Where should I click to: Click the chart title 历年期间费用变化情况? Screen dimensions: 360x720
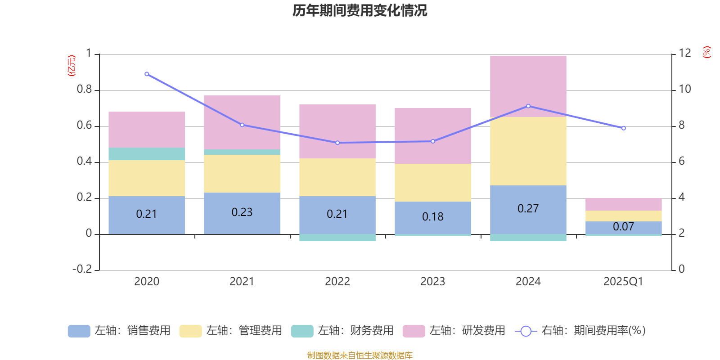tap(360, 10)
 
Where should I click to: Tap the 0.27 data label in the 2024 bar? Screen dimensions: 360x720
tap(528, 209)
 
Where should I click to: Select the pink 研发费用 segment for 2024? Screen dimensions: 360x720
tap(528, 86)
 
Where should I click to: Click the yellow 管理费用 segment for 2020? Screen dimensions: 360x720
tap(147, 178)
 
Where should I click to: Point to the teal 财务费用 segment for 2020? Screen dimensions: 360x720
tap(147, 154)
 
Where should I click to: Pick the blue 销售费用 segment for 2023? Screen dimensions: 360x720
tap(432, 217)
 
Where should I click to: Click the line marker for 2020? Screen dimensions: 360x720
tap(147, 74)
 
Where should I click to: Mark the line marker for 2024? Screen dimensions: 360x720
tap(528, 106)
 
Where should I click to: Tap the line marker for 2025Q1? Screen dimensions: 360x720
tap(623, 128)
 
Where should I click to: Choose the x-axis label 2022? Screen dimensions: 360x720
tap(337, 282)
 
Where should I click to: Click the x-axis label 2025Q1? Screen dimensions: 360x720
tap(623, 282)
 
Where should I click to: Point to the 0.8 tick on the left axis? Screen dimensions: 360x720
tap(84, 90)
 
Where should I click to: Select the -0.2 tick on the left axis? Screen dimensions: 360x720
tap(82, 269)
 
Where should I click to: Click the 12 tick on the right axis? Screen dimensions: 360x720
tap(684, 53)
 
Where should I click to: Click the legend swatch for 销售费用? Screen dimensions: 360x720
tap(79, 331)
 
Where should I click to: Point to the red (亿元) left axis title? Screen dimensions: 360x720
tap(72, 66)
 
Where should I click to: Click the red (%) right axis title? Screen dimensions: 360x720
tap(707, 52)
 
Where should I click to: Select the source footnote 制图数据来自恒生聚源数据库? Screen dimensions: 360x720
tap(360, 355)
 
